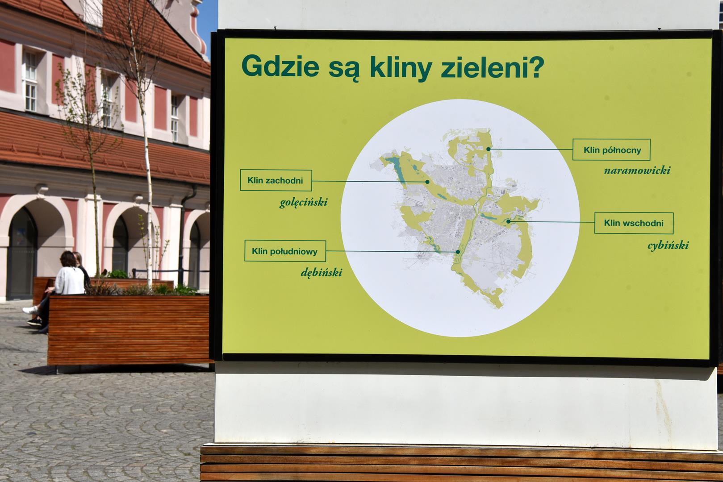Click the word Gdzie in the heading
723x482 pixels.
tap(280, 66)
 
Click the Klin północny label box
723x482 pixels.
tap(611, 150)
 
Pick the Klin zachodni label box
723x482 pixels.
tap(276, 180)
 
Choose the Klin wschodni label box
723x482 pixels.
tap(634, 223)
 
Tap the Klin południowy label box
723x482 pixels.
tap(285, 251)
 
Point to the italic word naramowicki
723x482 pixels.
tap(637, 170)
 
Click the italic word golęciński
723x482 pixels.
tap(303, 203)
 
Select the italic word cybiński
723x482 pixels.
tap(668, 245)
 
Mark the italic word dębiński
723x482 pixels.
tap(322, 273)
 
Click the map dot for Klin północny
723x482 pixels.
tap(489, 149)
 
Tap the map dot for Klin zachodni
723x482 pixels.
tap(427, 182)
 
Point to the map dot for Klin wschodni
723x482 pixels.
tap(508, 222)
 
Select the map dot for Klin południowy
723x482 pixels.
tap(458, 252)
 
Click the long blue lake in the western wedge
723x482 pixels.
tap(396, 170)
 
